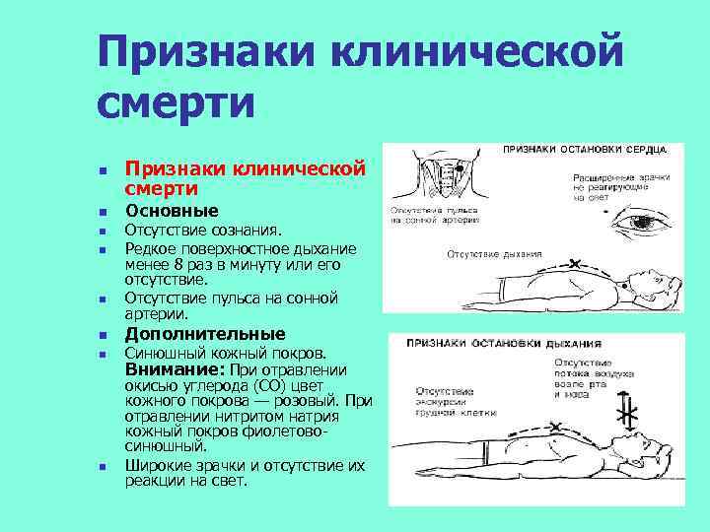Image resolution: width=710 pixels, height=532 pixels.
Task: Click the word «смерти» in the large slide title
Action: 177,102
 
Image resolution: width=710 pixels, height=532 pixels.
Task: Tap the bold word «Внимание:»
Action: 175,368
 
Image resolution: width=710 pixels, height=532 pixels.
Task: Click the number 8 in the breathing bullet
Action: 177,263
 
